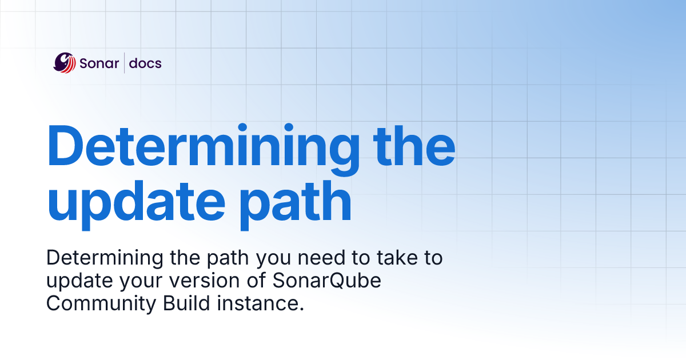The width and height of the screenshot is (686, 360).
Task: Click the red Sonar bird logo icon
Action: (65, 62)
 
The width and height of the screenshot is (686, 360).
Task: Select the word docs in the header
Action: (145, 63)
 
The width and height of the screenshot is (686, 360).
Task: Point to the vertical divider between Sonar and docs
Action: (124, 63)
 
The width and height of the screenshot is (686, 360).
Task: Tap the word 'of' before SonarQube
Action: (246, 282)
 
